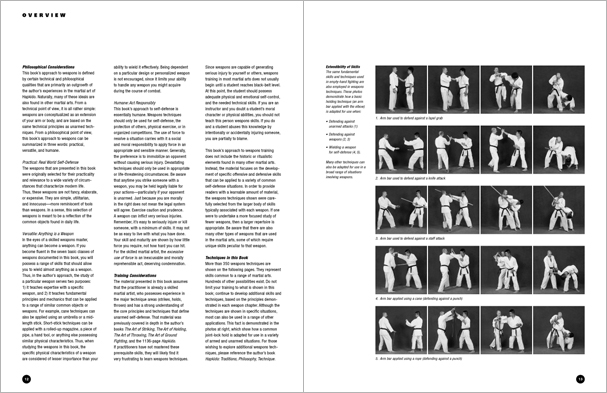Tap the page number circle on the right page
(x=593, y=379)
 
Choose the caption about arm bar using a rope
(x=446, y=354)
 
